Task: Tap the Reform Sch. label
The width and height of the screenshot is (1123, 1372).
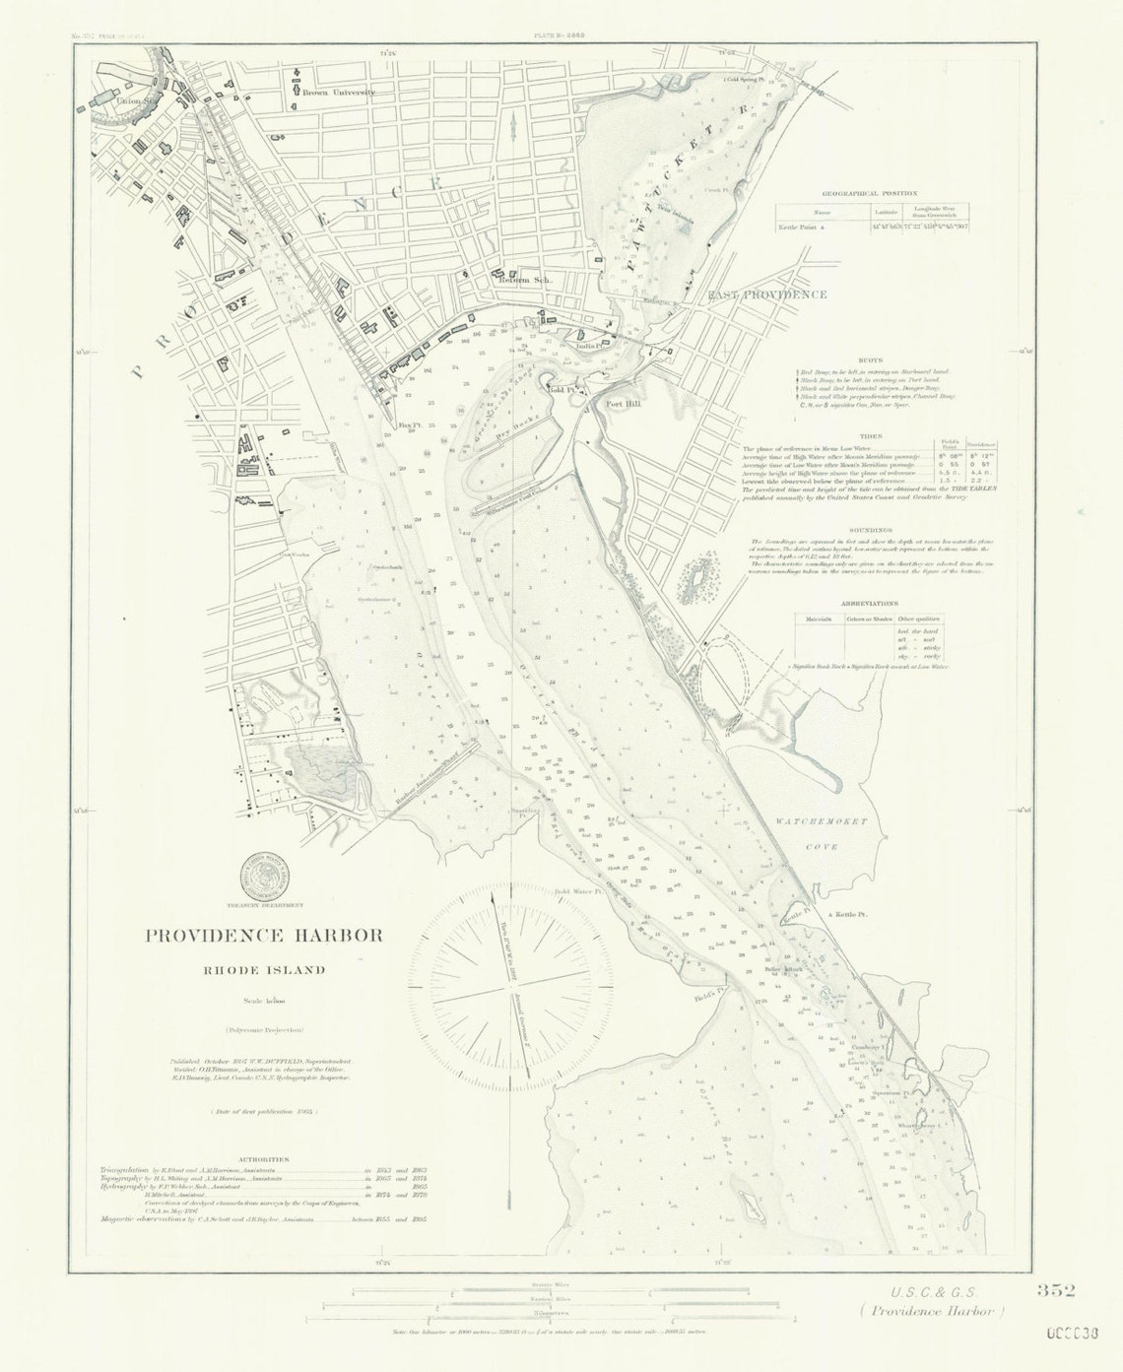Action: point(526,280)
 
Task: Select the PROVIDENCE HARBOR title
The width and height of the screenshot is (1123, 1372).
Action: point(264,935)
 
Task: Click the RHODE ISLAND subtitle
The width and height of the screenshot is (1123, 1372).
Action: point(264,969)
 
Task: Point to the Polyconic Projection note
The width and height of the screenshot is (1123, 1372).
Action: point(263,1030)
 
